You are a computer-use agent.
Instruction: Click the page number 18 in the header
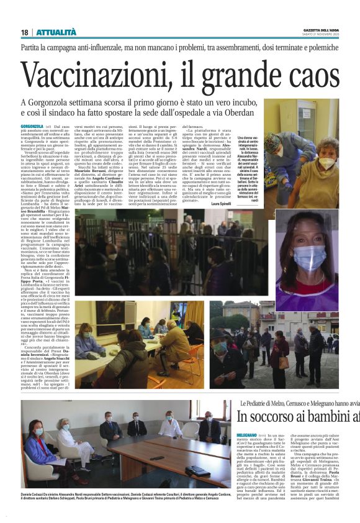tap(24, 32)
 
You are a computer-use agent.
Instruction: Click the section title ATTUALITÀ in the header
tap(56, 32)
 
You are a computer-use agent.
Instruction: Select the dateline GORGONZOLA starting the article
tap(32, 126)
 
